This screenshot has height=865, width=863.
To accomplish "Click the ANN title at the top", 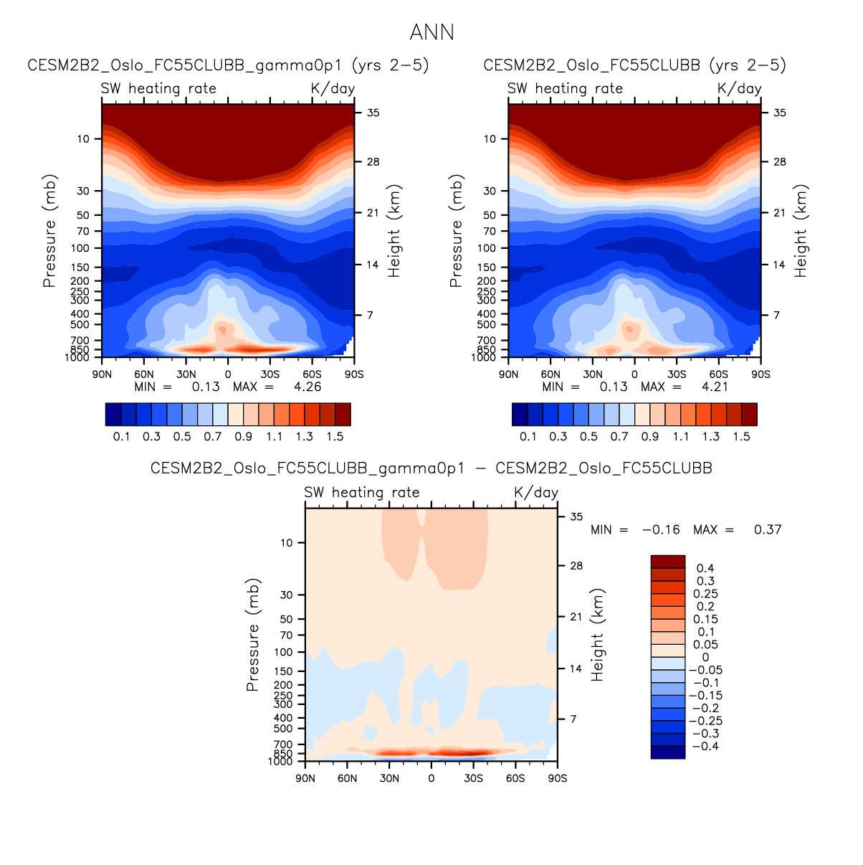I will point(431,32).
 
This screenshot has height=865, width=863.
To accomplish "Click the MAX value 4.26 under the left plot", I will point(307,387).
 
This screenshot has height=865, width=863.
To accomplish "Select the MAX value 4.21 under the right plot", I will point(714,387).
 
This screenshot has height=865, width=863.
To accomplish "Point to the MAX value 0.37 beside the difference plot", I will point(767,529).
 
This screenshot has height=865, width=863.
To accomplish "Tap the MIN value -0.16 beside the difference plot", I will point(660,529).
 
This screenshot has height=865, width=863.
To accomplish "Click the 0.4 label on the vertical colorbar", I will point(705,568).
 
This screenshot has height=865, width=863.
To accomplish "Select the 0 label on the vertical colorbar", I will point(705,657).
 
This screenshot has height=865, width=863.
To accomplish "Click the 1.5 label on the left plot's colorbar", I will point(335,436).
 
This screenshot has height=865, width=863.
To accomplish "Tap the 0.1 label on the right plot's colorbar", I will point(528,436).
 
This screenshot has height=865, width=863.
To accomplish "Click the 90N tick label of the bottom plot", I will point(305,778).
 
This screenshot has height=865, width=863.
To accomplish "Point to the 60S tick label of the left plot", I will point(312,374).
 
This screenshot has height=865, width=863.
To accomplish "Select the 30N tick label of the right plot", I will point(593,374).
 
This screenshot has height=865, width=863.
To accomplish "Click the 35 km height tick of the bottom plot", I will point(576,516).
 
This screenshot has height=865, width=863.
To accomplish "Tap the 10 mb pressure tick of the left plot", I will point(84,138).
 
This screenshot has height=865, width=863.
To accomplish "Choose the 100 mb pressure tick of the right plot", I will point(487,248).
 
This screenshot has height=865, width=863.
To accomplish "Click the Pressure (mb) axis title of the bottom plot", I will point(252,635).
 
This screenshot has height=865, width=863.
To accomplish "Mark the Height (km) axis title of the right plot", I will point(800,231).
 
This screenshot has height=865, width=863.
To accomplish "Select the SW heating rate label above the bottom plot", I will point(361,492).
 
